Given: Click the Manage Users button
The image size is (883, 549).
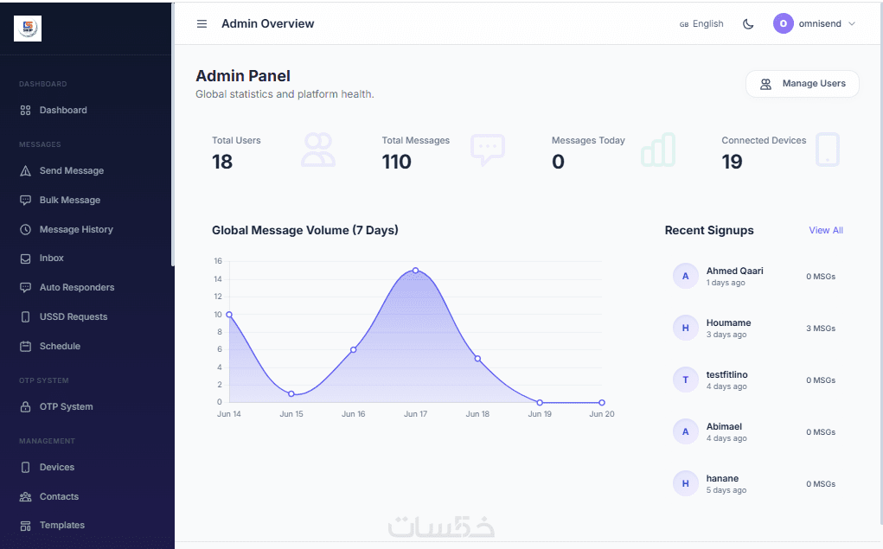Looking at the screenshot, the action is tap(803, 84).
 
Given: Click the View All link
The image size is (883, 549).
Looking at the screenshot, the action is tap(826, 230).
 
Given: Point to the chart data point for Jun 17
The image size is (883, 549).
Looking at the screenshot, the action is tap(416, 271).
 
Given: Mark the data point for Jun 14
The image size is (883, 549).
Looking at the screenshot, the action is tap(229, 315).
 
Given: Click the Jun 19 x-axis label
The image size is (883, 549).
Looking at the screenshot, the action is tap(540, 414).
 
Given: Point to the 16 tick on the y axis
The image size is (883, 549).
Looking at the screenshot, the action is tap(218, 261).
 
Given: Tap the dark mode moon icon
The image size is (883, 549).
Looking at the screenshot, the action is tap(748, 23).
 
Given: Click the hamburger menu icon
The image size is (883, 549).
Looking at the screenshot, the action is tap(202, 23).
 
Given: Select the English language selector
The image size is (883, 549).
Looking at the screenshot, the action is tap(701, 23).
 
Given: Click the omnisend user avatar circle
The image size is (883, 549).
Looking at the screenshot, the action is tap(784, 23).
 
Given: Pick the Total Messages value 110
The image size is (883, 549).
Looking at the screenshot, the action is tap(396, 163).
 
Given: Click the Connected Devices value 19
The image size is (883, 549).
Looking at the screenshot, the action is tap(732, 163).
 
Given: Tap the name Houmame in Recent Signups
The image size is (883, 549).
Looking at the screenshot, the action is tap(729, 322).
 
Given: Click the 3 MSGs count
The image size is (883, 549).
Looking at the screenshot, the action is tap(821, 329).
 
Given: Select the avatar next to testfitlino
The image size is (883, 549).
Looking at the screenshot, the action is tap(685, 380).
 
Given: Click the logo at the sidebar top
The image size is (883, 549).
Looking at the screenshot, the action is tap(28, 29).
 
